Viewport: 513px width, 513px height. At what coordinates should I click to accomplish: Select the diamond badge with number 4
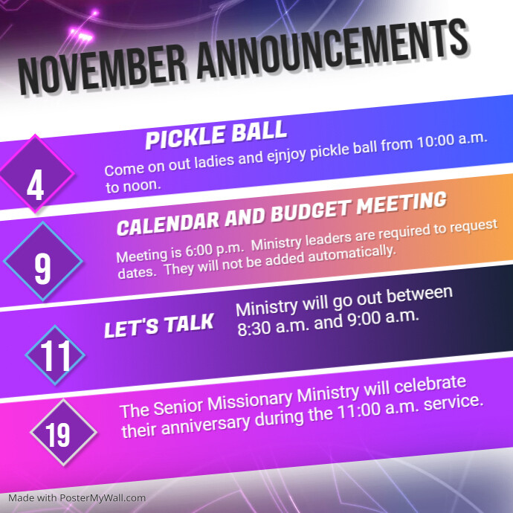[36, 173]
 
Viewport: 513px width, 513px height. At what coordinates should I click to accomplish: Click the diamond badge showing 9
[43, 261]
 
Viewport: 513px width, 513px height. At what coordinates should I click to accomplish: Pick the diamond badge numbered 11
[55, 355]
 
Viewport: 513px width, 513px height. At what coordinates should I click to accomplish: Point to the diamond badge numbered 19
[63, 432]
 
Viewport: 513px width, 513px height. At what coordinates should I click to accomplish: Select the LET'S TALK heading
[159, 326]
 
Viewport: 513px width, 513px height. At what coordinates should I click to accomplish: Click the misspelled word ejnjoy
[286, 154]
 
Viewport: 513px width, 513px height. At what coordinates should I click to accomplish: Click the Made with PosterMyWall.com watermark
[77, 497]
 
